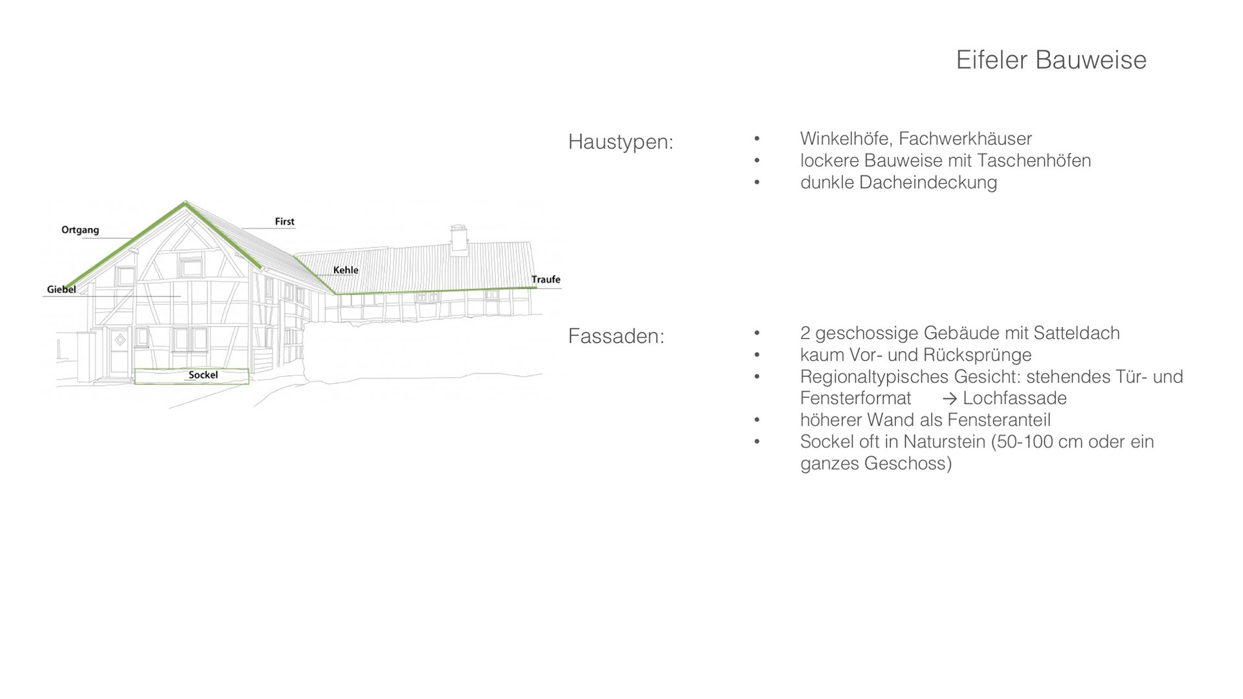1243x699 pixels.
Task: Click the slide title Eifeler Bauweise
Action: click(1051, 60)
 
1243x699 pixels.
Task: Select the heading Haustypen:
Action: click(620, 142)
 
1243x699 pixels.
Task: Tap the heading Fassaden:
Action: click(616, 336)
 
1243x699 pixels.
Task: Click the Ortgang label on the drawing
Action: click(80, 230)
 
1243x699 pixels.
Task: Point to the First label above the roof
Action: click(284, 221)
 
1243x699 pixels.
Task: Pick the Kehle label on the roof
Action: click(346, 270)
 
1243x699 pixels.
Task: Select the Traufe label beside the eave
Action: click(546, 280)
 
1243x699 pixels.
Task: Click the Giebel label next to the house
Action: click(62, 289)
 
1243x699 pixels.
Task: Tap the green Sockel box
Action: click(192, 376)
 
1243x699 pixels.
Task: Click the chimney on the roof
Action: click(459, 239)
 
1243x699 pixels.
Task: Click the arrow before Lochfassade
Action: click(949, 399)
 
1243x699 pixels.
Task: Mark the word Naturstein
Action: click(944, 441)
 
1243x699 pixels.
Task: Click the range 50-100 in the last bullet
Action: click(1025, 441)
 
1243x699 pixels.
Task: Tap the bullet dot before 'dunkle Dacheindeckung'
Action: click(757, 183)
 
